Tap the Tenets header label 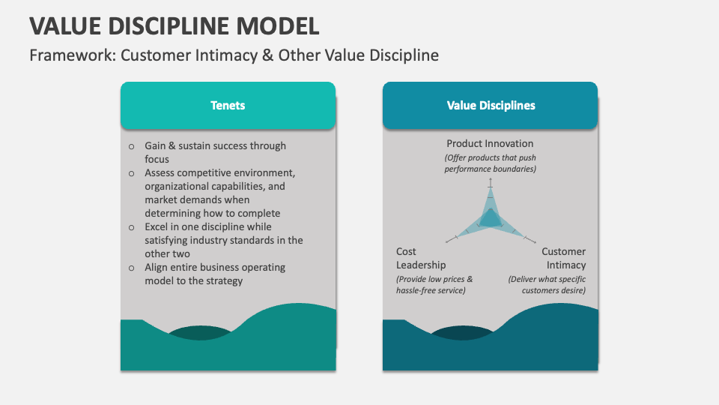pyautogui.click(x=228, y=106)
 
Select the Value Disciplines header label pyautogui.click(x=491, y=106)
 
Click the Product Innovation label pyautogui.click(x=490, y=143)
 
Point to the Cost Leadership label pyautogui.click(x=421, y=258)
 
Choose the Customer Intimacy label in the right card pyautogui.click(x=563, y=258)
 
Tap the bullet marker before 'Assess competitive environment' pyautogui.click(x=132, y=172)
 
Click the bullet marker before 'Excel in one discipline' pyautogui.click(x=132, y=226)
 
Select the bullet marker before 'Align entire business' pyautogui.click(x=132, y=267)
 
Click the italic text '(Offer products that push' pyautogui.click(x=490, y=158)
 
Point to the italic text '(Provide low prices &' pyautogui.click(x=434, y=279)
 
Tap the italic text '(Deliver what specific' pyautogui.click(x=547, y=279)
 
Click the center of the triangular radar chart pyautogui.click(x=491, y=219)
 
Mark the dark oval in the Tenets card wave pyautogui.click(x=198, y=332)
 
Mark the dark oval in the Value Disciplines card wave pyautogui.click(x=461, y=332)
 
